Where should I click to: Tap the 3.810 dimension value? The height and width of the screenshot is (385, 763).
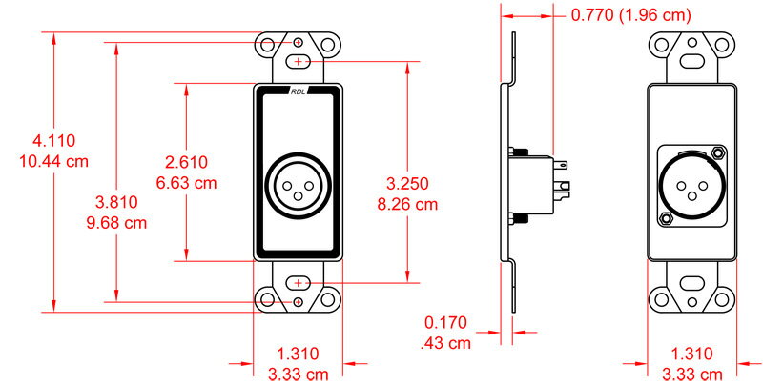(x=117, y=202)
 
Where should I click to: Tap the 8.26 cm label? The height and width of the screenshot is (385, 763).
(x=406, y=203)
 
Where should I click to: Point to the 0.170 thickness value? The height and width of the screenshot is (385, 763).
(x=445, y=323)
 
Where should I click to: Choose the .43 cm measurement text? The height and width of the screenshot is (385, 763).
(x=445, y=343)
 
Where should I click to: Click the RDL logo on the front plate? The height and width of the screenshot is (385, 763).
(x=299, y=92)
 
